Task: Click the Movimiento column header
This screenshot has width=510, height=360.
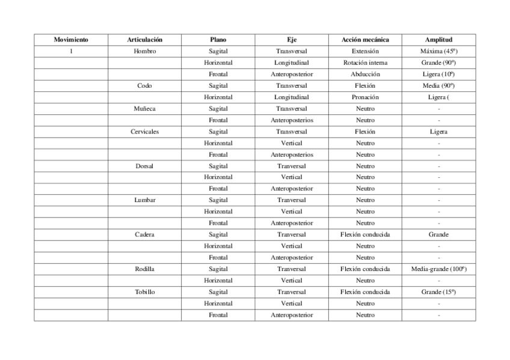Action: [x=71, y=40]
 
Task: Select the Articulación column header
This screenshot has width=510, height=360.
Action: [x=144, y=40]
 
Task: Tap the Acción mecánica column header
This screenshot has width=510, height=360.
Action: [x=365, y=40]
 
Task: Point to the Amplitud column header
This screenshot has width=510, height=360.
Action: [x=438, y=40]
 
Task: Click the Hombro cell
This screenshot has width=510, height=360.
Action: [x=144, y=51]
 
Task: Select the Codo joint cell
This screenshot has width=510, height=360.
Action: [x=144, y=85]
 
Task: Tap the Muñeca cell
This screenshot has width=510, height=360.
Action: [x=144, y=109]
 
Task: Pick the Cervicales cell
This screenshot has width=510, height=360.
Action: [x=144, y=132]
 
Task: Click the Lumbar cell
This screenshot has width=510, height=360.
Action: [x=144, y=200]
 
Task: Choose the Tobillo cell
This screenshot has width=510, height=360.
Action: [x=144, y=292]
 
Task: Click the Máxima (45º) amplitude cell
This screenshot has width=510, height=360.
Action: [x=438, y=51]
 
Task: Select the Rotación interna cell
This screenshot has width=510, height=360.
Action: [x=365, y=63]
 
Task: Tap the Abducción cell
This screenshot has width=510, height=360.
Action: [x=365, y=74]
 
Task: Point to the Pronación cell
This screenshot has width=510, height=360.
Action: [x=365, y=97]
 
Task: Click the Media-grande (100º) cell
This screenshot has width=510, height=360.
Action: [x=438, y=269]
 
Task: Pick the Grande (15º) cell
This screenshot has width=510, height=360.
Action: [x=438, y=292]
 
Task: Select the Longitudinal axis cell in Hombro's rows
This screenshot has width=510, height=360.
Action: [x=292, y=63]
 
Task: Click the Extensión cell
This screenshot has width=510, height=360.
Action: [x=365, y=51]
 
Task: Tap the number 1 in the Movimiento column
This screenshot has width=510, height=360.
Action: [x=71, y=51]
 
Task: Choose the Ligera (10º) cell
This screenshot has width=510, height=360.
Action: [x=438, y=74]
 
